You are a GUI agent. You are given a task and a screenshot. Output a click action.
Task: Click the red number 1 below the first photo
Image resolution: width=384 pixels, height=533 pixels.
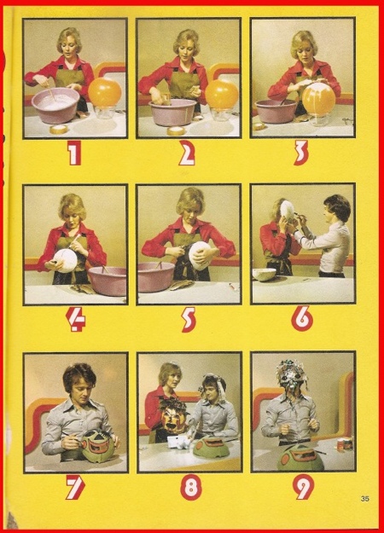point(74,153)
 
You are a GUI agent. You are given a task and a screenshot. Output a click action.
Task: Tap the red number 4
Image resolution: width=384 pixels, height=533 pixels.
point(76,320)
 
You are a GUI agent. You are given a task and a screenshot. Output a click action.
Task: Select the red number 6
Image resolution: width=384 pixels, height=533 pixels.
point(302,319)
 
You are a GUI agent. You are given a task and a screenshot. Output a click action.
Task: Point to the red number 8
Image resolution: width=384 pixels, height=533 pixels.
point(190,487)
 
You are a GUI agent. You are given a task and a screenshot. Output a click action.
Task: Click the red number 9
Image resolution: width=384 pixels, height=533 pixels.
point(303,487)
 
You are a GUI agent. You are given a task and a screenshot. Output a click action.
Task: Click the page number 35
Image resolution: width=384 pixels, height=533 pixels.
point(365,499)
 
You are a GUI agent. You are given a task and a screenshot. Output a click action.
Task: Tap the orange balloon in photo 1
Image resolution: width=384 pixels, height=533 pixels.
point(105,92)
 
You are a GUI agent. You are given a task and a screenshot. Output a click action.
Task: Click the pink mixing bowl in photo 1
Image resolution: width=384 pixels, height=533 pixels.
point(55,105)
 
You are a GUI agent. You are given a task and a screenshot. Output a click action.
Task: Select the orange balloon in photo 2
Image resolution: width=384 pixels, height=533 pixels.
point(221,94)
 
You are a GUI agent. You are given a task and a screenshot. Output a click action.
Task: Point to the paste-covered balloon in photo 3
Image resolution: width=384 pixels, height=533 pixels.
point(318,99)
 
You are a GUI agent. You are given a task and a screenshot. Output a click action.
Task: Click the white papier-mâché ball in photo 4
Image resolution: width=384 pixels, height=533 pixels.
point(67,260)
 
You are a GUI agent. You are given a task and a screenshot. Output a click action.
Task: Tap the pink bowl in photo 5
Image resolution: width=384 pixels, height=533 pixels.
point(156,276)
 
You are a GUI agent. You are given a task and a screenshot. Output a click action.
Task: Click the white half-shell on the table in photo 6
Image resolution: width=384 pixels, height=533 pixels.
point(265,274)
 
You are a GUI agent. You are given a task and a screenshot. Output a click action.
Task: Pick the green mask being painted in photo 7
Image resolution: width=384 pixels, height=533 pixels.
point(98,446)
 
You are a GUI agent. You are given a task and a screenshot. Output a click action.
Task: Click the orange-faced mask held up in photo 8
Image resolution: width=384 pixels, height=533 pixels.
point(172,415)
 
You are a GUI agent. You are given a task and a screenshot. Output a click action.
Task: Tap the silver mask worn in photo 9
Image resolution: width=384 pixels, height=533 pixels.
point(293,379)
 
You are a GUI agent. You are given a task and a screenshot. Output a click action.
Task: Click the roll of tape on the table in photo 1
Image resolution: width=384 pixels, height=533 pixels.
point(59,129)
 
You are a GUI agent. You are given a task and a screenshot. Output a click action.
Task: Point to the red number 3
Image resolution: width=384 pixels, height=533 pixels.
point(301,153)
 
